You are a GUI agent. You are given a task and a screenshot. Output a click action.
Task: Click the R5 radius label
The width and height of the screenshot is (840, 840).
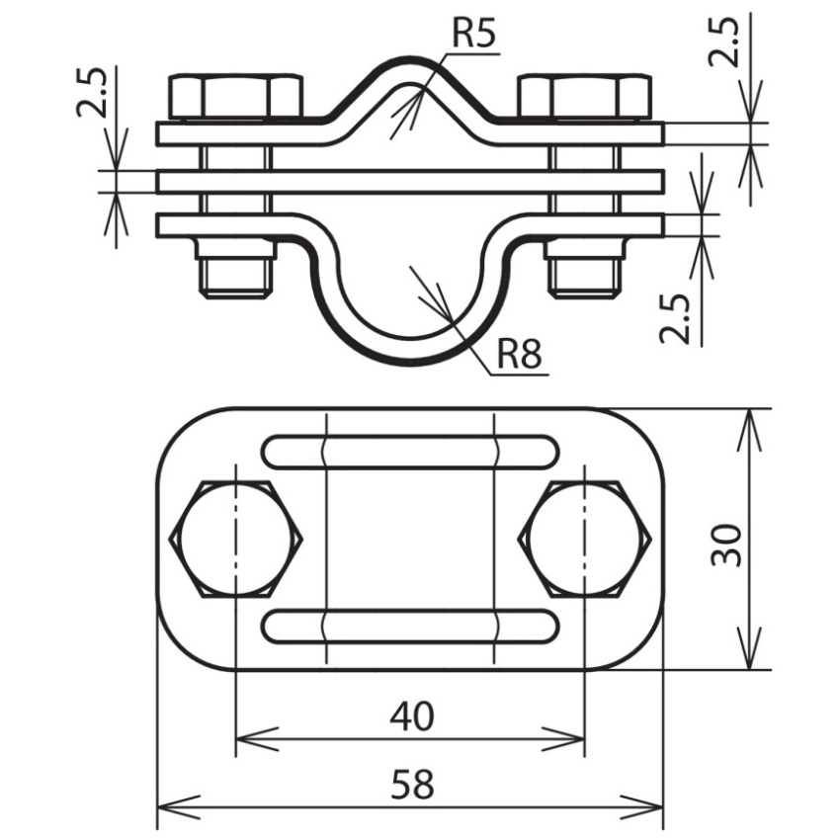point(474,34)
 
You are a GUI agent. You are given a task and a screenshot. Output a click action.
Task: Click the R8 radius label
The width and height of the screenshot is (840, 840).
point(519,353)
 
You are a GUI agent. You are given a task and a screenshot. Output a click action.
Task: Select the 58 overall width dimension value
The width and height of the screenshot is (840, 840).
point(412,785)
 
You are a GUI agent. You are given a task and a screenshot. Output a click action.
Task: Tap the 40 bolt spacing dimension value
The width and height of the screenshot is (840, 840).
point(411,716)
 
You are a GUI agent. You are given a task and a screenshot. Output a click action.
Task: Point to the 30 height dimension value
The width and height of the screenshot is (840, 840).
point(726,545)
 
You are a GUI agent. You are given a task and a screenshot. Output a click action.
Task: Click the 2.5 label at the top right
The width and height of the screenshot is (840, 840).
point(723,42)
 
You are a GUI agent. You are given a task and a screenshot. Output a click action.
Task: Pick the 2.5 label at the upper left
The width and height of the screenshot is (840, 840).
point(91,92)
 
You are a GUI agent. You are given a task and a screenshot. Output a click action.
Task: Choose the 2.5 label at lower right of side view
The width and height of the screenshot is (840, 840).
point(674,318)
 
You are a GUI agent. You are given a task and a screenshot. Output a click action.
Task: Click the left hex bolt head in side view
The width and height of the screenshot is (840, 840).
point(236,97)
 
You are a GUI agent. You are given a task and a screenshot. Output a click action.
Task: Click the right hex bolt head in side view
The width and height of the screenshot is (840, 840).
point(585,97)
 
